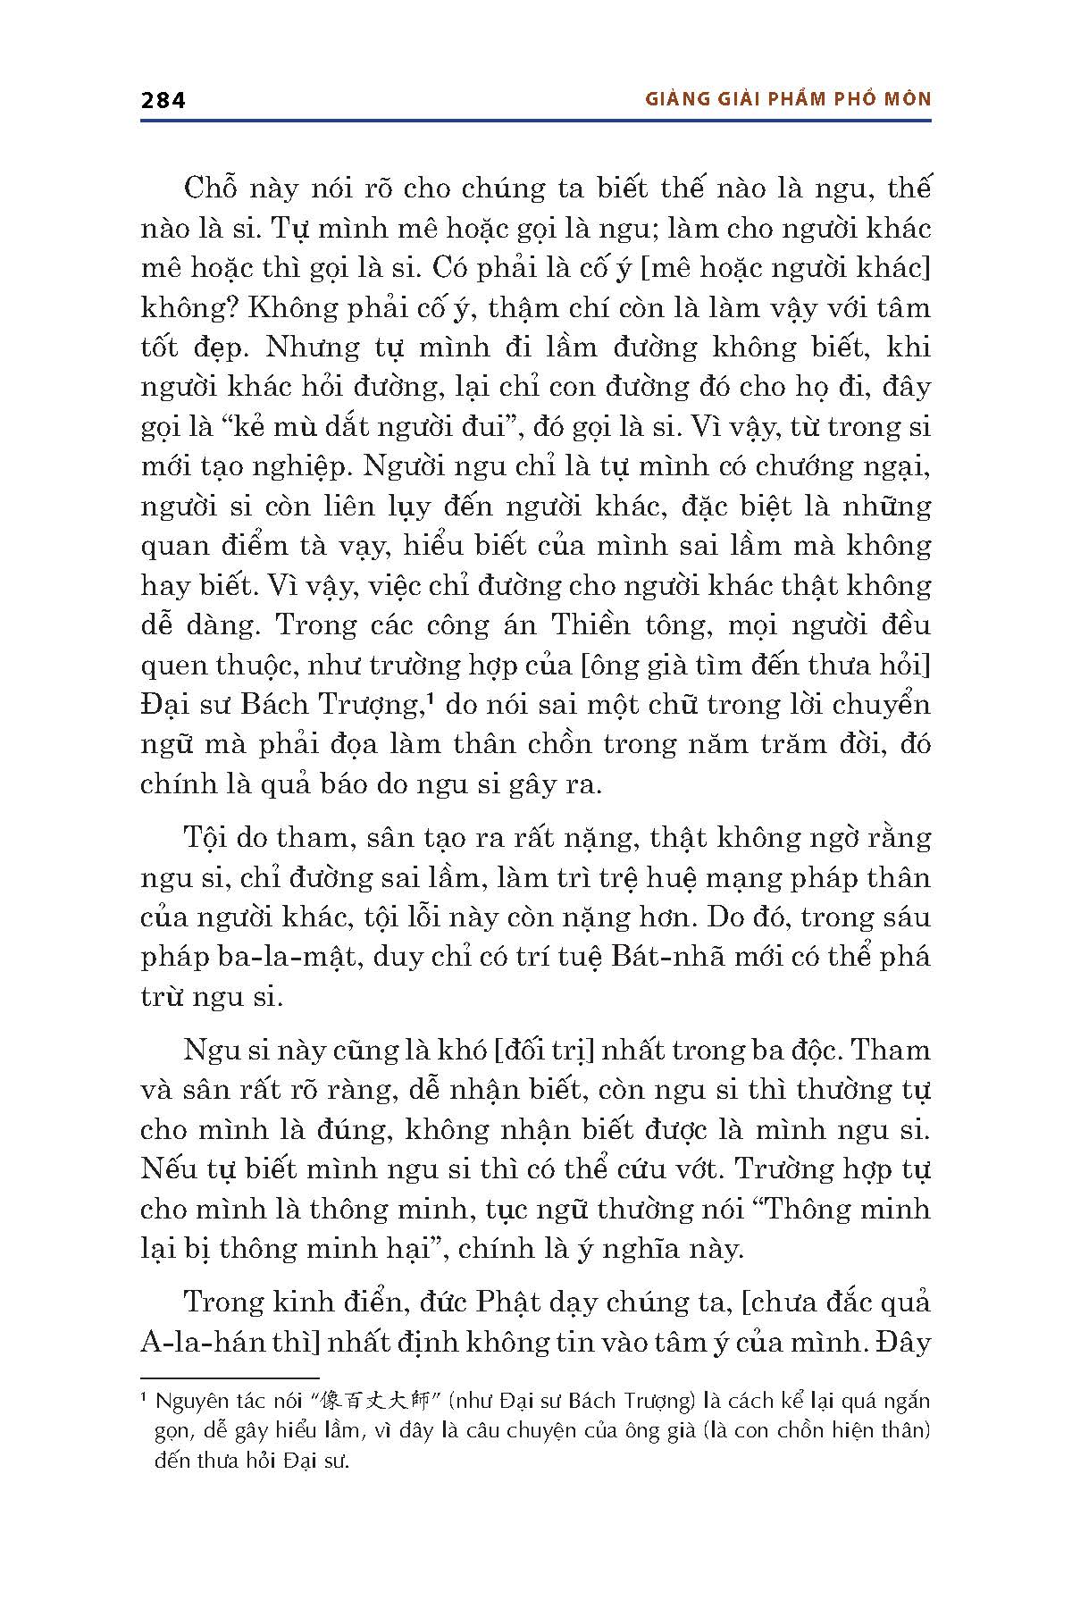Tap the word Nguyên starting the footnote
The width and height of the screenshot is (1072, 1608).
[x=192, y=1401]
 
